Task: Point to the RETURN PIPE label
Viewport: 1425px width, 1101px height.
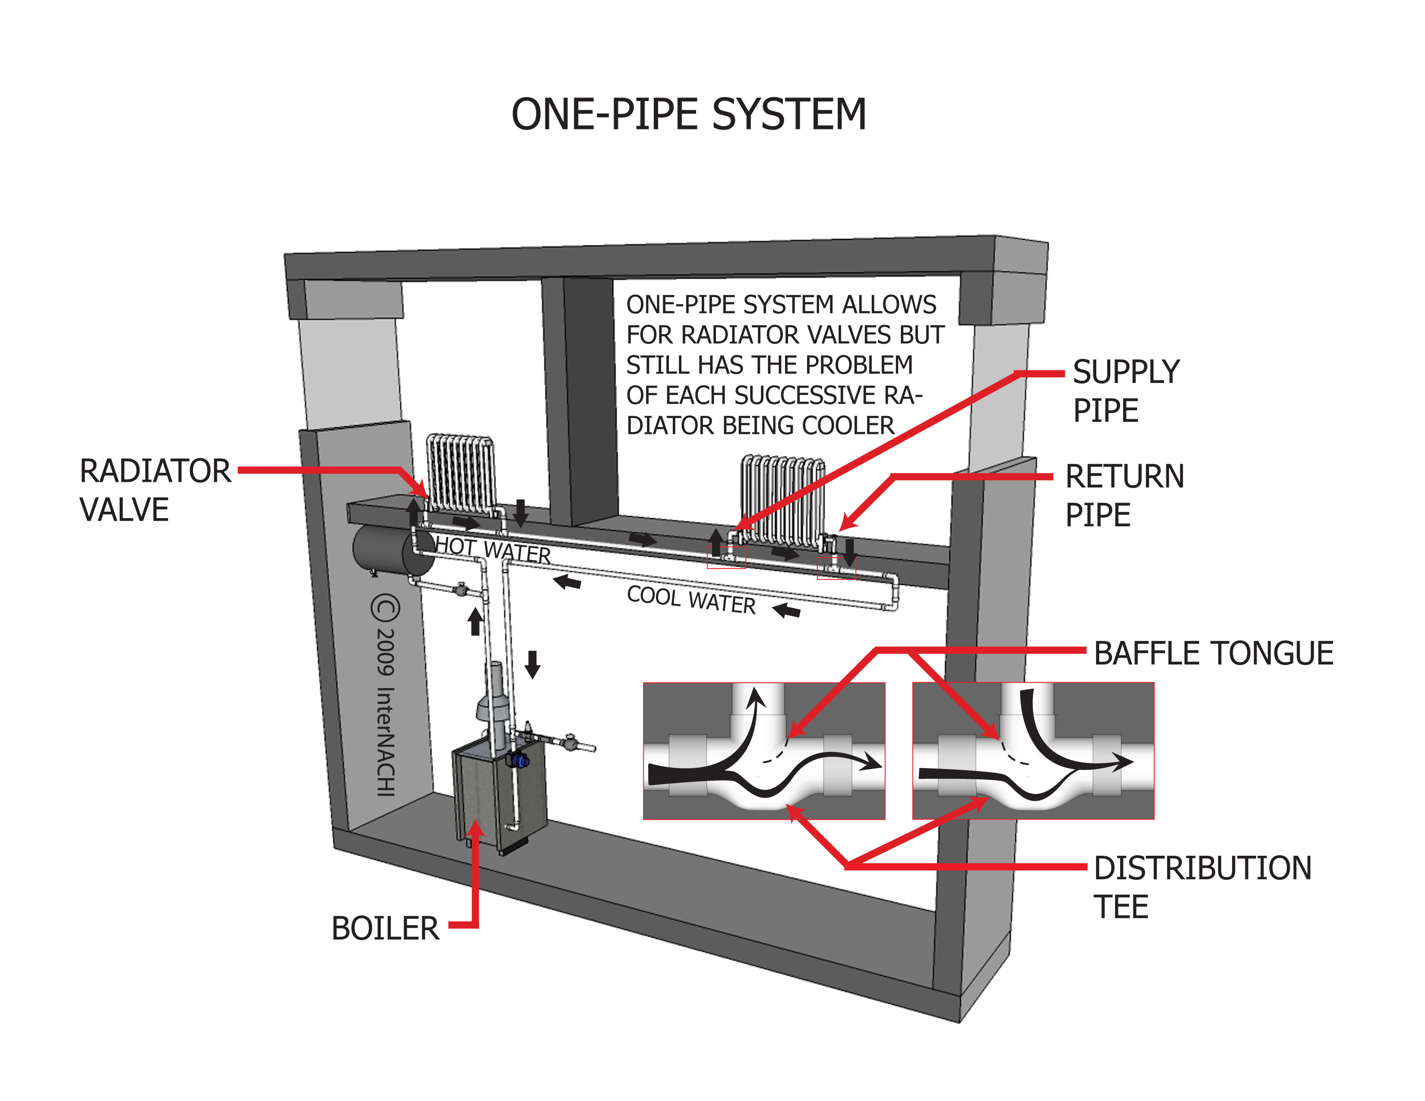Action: tap(1124, 495)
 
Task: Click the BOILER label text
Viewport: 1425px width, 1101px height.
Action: tap(385, 928)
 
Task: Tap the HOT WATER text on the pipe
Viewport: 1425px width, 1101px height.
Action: tap(493, 550)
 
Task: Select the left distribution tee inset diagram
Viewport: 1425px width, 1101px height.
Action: tap(763, 750)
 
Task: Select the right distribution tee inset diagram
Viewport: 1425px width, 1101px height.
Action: tap(1033, 750)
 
